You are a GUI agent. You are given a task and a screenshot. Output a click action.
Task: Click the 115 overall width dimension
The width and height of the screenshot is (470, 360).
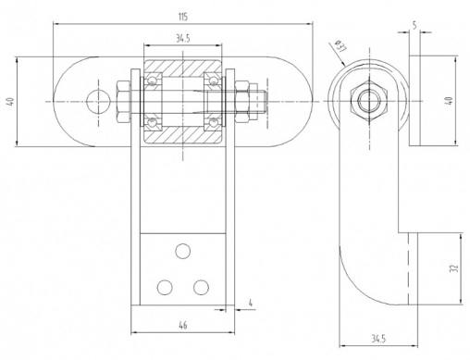(x=183, y=17)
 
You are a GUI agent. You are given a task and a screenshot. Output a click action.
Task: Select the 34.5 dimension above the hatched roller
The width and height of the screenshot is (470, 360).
(x=183, y=38)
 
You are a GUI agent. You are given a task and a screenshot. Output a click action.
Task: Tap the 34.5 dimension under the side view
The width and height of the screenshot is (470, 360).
(x=378, y=339)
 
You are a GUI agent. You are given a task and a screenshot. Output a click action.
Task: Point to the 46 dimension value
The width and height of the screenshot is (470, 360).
(x=183, y=325)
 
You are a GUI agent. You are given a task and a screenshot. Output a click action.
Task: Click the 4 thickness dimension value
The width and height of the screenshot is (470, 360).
(x=251, y=303)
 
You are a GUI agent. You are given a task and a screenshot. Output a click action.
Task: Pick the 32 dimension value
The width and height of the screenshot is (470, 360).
(x=454, y=268)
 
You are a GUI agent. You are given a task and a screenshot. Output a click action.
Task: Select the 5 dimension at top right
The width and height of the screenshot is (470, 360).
(x=414, y=25)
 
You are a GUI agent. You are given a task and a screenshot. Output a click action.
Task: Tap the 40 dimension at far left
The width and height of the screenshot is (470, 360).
(x=11, y=102)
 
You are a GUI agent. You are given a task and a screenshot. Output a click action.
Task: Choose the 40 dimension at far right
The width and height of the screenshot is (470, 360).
(x=450, y=101)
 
